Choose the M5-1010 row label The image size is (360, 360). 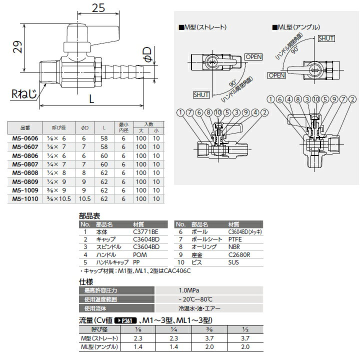24,199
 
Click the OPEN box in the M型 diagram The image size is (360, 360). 253,57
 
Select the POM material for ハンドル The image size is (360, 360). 140,254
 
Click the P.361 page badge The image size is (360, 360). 127,320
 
